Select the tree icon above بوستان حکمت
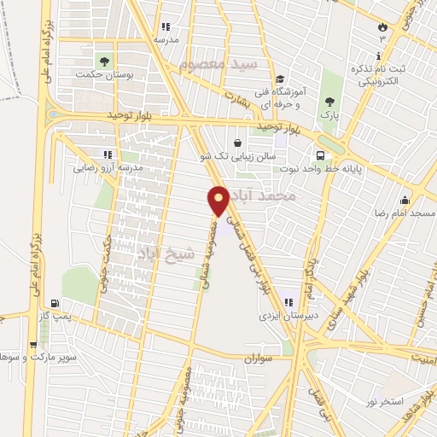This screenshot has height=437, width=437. [x=104, y=61]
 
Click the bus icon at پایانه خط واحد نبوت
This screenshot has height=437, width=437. [x=320, y=156]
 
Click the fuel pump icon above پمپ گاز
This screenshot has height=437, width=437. [x=55, y=302]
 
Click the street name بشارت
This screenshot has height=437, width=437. [x=240, y=97]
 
